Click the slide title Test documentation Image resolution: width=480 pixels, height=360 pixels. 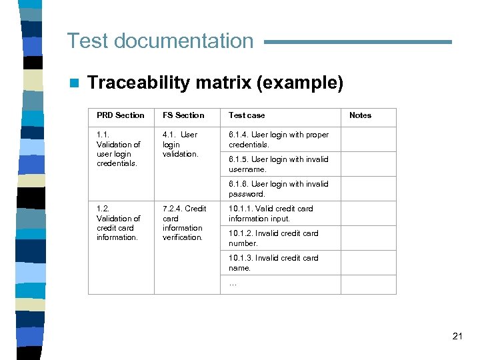[x=160, y=41]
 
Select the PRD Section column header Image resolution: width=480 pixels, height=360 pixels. [x=120, y=115]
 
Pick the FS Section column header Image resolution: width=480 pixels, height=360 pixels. [x=183, y=115]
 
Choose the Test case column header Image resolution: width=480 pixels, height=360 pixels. [x=247, y=115]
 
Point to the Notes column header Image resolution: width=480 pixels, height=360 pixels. [x=360, y=115]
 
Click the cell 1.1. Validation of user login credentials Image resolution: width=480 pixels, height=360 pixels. [x=119, y=149]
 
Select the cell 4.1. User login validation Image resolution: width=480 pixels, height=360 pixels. [x=180, y=144]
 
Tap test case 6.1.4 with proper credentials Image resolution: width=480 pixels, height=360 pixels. [x=279, y=139]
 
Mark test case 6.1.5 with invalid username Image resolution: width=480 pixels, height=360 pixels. [x=279, y=164]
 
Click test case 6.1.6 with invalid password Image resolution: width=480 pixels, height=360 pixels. [x=279, y=189]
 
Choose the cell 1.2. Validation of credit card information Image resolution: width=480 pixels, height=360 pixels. [x=119, y=223]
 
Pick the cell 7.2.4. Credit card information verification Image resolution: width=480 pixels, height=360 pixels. [x=184, y=223]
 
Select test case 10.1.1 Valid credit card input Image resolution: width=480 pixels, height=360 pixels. [x=271, y=213]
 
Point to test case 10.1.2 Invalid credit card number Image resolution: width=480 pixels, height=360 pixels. [x=273, y=238]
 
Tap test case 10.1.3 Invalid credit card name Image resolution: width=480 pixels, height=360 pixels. [x=273, y=263]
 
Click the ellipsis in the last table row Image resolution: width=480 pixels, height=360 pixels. [x=233, y=284]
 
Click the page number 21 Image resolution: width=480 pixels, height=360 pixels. [x=457, y=336]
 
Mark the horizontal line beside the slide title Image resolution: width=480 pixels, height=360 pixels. [x=358, y=42]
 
